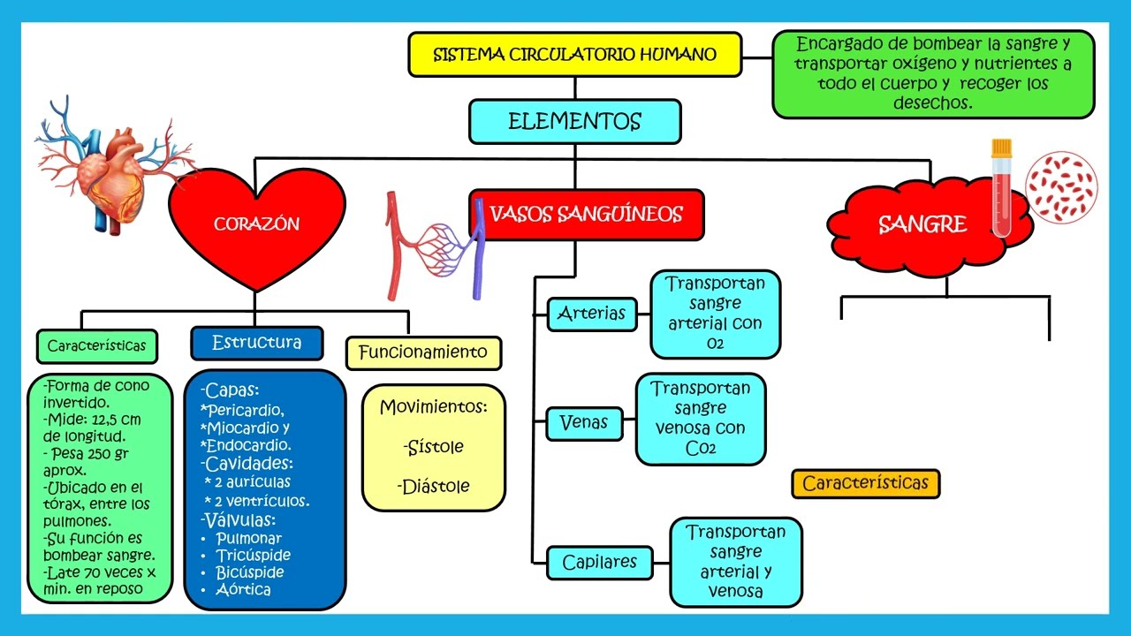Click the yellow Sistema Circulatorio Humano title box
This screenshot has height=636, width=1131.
574,55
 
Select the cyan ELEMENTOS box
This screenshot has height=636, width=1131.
574,122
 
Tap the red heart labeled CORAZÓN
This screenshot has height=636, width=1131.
256,224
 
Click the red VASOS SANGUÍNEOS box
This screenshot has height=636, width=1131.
586,215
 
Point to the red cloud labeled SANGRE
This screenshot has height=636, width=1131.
923,224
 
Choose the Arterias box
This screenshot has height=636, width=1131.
592,314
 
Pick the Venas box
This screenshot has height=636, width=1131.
584,423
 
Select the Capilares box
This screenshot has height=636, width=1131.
599,563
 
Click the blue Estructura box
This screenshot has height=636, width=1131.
256,343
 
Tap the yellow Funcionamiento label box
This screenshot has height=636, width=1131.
422,352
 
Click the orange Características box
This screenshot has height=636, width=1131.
865,483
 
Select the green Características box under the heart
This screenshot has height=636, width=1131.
96,346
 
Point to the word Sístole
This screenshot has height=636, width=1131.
434,447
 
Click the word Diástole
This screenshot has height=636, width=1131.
434,487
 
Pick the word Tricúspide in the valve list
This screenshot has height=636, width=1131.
253,556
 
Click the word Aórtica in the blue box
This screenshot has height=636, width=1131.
243,589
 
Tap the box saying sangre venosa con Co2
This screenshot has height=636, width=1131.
701,419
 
